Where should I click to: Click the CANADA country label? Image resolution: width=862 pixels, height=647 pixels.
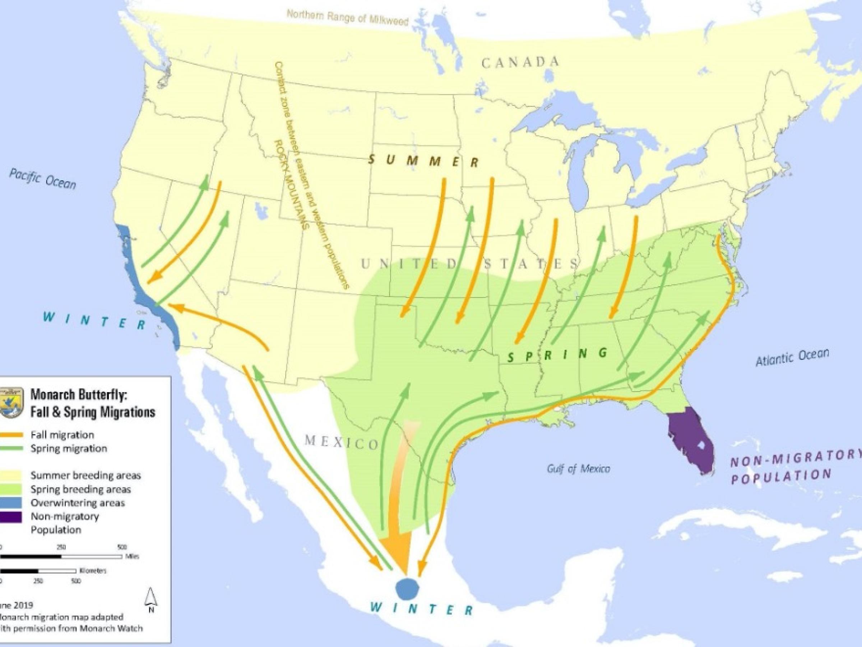click(x=520, y=63)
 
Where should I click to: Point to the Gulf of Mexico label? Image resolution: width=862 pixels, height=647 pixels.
click(x=579, y=469)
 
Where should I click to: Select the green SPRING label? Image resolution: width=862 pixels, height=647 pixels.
click(x=558, y=354)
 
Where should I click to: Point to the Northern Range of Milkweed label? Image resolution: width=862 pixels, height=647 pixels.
click(x=347, y=18)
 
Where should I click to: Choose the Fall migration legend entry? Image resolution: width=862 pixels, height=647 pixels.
click(x=62, y=435)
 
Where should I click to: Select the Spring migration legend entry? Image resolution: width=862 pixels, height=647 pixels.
click(x=68, y=449)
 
